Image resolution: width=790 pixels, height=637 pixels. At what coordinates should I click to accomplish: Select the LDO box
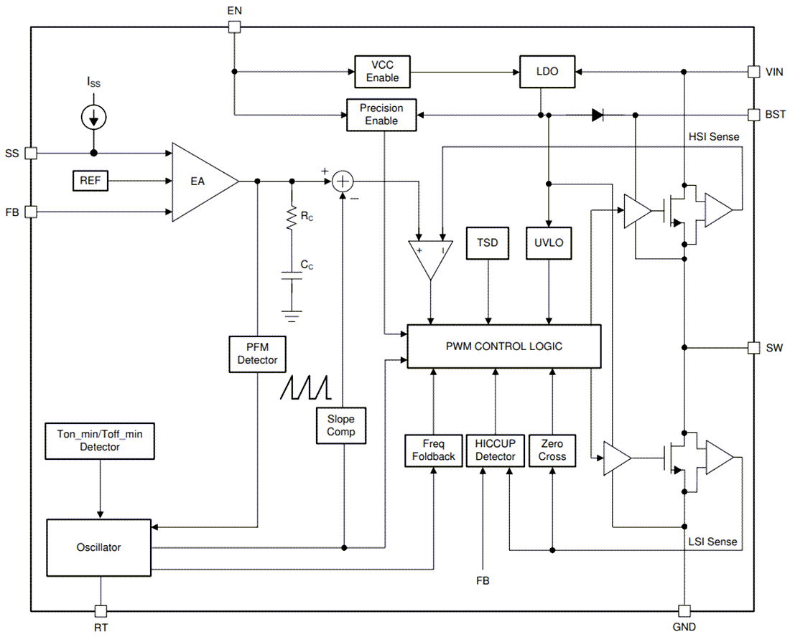547,72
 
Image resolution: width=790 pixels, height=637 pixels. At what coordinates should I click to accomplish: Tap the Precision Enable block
381,115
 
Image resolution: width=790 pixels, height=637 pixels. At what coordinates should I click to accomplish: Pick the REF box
90,181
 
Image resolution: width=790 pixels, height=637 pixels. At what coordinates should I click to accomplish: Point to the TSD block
488,243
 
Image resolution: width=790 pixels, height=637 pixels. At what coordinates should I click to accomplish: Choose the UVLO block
549,243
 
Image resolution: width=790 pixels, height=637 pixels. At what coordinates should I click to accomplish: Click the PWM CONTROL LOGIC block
503,346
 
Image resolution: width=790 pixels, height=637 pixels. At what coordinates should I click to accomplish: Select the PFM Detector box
257,354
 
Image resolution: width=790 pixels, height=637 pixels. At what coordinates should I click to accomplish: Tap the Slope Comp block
341,425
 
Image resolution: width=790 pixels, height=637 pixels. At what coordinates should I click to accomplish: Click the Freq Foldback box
433,450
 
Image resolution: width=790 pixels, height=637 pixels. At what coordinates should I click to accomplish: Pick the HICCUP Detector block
495,450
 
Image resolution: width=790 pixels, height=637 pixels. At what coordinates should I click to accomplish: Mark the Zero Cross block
552,450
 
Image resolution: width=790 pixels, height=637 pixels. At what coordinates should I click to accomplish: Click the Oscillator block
99,547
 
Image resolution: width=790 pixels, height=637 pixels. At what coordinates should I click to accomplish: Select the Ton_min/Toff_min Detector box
99,440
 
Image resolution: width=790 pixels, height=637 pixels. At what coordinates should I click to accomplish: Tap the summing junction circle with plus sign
343,182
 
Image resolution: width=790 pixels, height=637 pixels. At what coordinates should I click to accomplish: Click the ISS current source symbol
94,116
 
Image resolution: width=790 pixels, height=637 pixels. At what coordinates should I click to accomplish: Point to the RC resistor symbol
292,219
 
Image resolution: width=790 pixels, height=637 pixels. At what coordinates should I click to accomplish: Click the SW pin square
753,348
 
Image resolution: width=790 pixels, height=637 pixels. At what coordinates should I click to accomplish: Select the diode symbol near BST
598,115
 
